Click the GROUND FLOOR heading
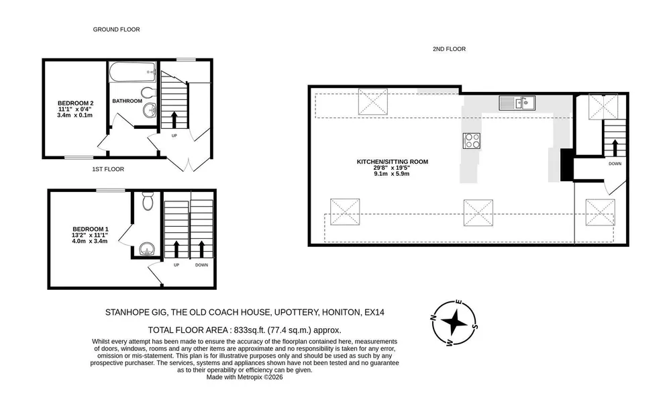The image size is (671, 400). coord(116,30)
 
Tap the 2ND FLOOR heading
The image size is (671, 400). coord(449,49)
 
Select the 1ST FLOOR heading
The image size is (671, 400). coord(108,169)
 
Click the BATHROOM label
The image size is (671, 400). coord(127,101)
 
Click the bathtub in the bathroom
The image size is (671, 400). coord(133,72)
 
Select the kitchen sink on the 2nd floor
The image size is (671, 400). coord(517,103)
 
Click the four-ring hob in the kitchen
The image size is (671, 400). coord(471,141)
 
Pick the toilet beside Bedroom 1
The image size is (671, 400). coord(148,201)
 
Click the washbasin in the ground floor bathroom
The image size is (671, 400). coord(150,110)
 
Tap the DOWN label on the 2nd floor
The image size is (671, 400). coord(615,164)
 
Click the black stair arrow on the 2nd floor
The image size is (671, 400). coord(615,148)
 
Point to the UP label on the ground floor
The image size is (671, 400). coord(174,136)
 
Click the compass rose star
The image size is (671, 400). coord(454,322)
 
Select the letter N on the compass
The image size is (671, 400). coord(433,318)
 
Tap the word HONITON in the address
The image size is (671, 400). coord(341,312)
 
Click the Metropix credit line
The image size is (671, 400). coord(244,377)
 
